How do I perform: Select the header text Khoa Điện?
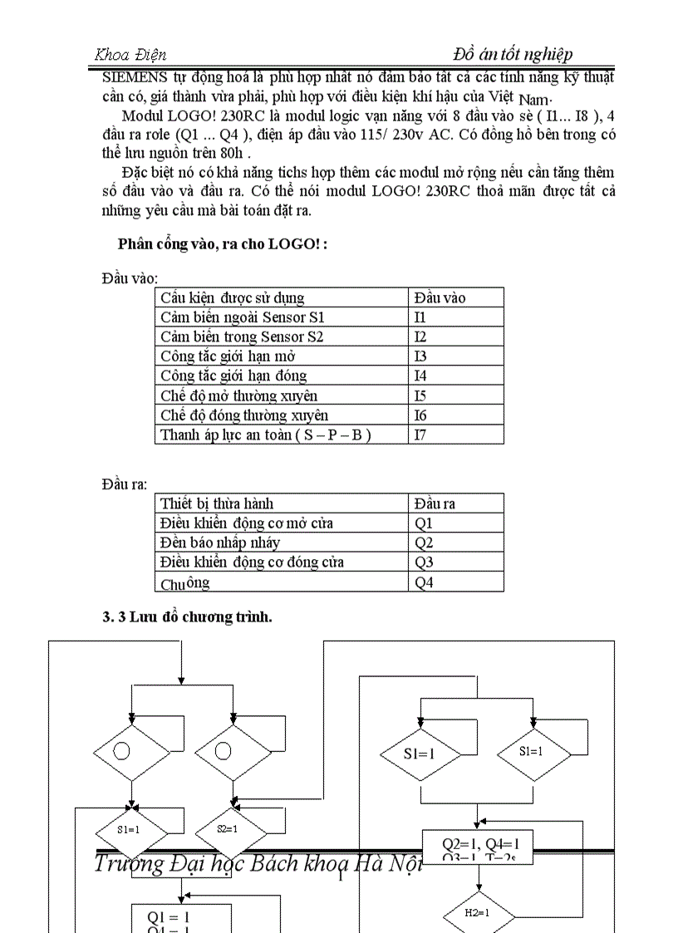click(130, 55)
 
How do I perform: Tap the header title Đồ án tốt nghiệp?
click(513, 54)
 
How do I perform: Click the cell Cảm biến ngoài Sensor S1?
click(243, 317)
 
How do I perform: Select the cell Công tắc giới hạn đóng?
click(233, 376)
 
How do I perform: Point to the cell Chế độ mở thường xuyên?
click(238, 395)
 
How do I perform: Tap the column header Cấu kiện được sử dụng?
click(232, 297)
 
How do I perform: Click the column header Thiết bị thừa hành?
click(216, 503)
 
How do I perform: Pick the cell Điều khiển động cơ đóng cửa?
click(252, 562)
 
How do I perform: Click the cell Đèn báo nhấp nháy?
click(220, 543)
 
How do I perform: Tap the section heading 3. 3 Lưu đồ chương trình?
click(188, 617)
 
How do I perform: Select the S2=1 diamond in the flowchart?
click(227, 828)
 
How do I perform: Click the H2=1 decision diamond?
click(477, 912)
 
